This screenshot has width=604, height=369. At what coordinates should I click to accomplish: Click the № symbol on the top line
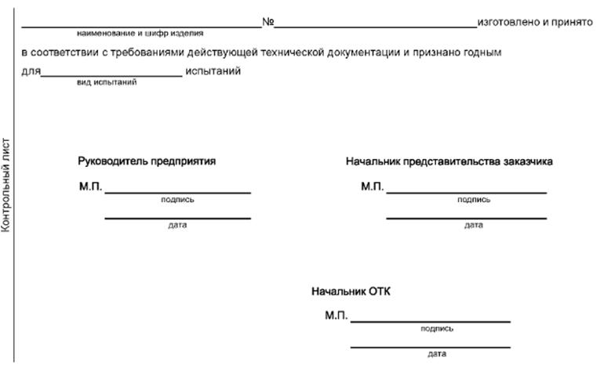click(x=267, y=22)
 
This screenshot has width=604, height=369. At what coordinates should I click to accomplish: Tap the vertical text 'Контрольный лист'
click(x=6, y=185)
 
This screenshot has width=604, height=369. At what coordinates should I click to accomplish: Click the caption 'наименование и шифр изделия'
click(x=140, y=34)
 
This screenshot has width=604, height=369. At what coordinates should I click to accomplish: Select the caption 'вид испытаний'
click(x=107, y=82)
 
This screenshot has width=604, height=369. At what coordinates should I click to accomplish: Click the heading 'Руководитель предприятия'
click(x=147, y=161)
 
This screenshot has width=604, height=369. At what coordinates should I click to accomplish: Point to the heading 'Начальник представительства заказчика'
click(x=449, y=161)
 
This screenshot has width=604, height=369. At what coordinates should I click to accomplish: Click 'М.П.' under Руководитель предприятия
click(x=90, y=187)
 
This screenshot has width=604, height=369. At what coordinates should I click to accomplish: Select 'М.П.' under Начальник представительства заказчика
click(x=372, y=187)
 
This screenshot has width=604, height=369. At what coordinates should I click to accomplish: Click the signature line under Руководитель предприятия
click(x=177, y=193)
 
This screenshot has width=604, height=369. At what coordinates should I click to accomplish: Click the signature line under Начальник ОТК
click(x=430, y=321)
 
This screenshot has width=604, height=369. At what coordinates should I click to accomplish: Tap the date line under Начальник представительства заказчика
click(x=466, y=218)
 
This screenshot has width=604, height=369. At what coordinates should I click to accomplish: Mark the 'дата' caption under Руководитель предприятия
click(x=177, y=226)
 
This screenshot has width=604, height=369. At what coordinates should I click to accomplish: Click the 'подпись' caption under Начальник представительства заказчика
click(x=474, y=200)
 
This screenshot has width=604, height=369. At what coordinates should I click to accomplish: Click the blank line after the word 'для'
click(x=111, y=76)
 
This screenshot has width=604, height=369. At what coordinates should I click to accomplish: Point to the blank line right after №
click(x=375, y=27)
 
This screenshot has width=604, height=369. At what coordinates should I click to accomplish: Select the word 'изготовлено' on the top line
click(x=508, y=22)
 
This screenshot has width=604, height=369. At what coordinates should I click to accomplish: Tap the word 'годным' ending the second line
click(x=480, y=52)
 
